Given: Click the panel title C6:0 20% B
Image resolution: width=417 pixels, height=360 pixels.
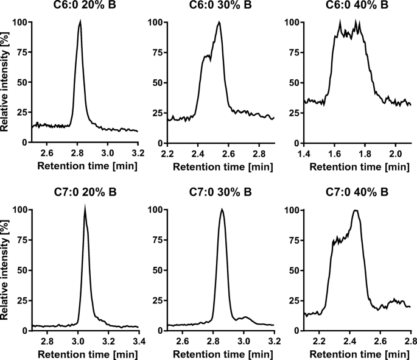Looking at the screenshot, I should [85, 7].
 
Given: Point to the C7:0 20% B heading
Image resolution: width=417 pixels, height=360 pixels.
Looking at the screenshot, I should [85, 194].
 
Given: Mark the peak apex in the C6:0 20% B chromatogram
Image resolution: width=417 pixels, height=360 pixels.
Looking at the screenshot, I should [80, 22].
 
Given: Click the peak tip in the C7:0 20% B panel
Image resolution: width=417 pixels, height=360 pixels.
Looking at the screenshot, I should [85, 208].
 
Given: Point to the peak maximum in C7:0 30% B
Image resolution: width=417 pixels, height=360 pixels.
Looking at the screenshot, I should [222, 210].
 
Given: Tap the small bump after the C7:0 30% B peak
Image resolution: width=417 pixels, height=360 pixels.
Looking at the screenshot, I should [245, 317].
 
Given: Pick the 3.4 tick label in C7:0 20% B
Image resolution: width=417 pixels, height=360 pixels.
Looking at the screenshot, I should [138, 339].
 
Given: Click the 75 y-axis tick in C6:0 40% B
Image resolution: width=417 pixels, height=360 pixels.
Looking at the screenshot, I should [295, 52].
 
